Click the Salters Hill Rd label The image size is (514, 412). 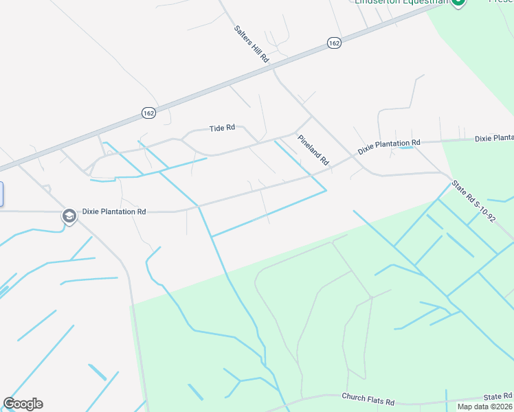point(251,45)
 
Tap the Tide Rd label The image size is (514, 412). point(222,128)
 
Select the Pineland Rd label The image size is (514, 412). point(313,149)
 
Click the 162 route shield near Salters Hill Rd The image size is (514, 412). point(334,43)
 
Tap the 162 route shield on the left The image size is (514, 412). point(149,112)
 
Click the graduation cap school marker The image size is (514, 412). point(69,216)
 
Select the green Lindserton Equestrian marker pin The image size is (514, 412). point(458,2)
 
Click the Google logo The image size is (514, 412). point(23,404)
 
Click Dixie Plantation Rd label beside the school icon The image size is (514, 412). point(114,212)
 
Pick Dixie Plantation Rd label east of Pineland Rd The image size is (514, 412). point(388,147)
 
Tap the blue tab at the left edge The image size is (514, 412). point(1,194)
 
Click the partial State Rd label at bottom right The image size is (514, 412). point(498,397)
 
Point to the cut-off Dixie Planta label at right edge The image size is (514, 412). point(494,138)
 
